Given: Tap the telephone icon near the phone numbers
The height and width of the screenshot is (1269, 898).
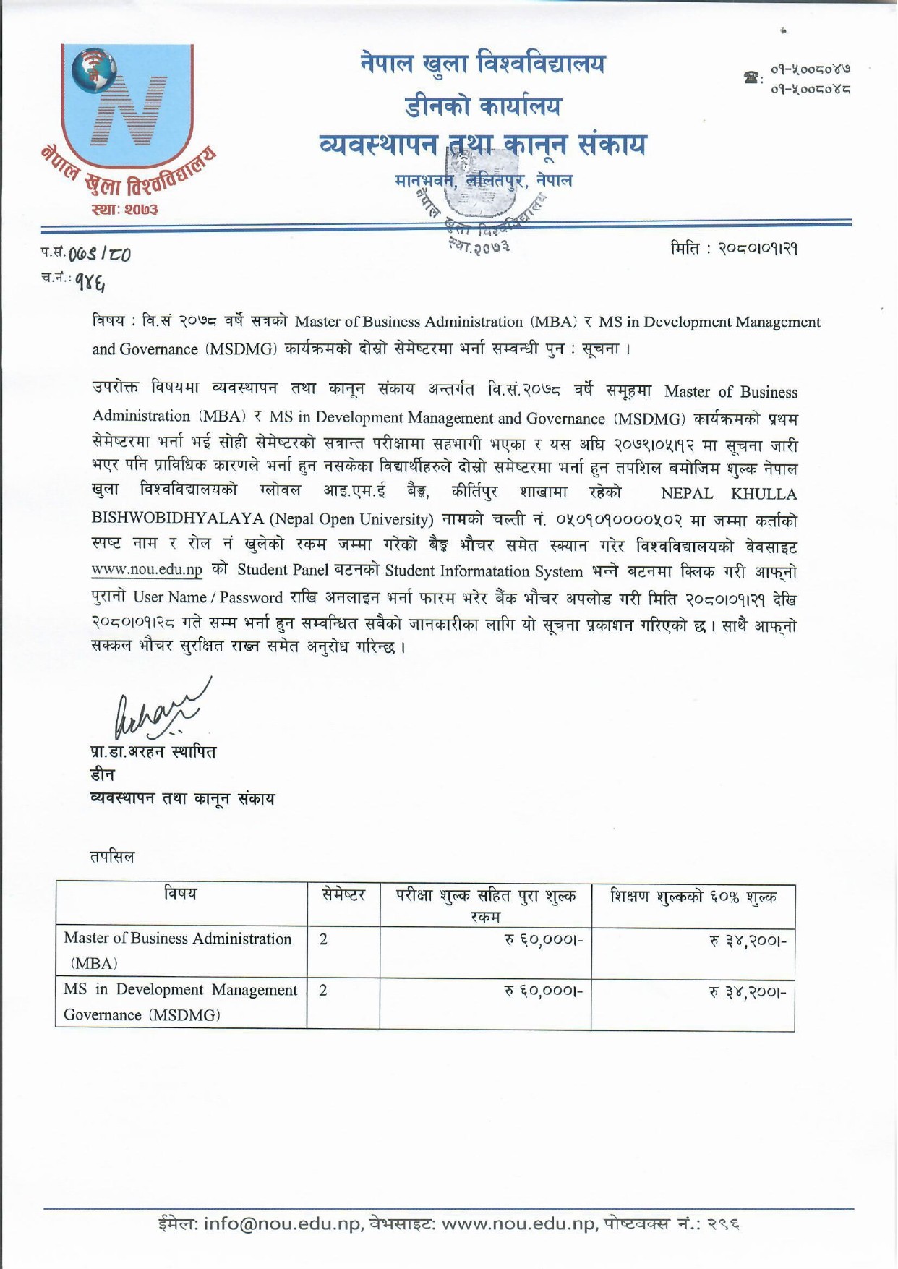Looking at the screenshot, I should [752, 77].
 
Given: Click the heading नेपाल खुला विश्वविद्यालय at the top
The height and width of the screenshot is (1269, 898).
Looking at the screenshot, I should [483, 65].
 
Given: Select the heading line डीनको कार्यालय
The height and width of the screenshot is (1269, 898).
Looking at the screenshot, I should [483, 107].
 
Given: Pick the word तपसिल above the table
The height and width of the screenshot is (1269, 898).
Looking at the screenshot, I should [112, 857].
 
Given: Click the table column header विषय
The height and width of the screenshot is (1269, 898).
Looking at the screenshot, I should [181, 894].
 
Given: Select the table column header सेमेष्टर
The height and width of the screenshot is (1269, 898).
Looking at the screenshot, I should [343, 895].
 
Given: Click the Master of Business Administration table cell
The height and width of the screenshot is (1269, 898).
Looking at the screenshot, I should [178, 949].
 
